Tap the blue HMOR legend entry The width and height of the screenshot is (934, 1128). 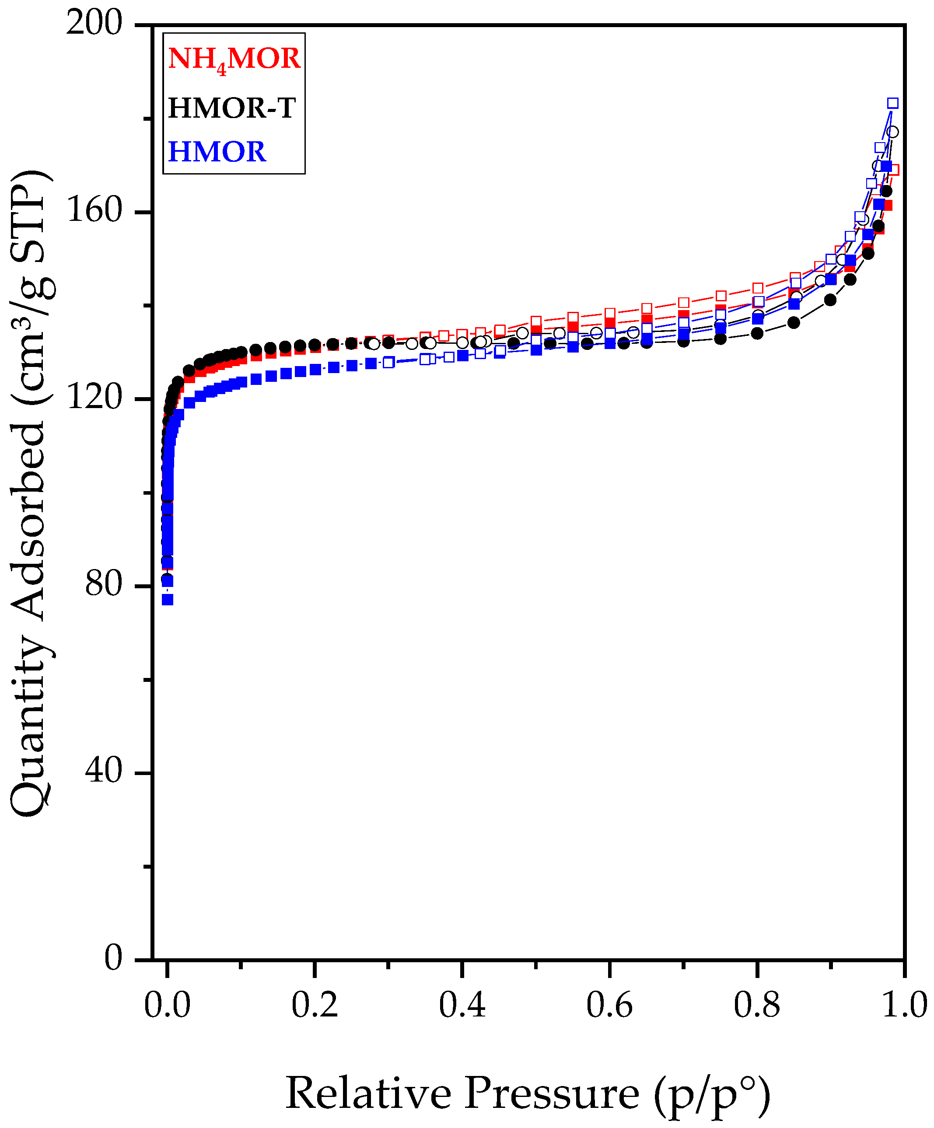point(217,152)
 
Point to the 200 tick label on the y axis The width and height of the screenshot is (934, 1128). point(94,24)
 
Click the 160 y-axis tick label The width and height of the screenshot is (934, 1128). point(94,211)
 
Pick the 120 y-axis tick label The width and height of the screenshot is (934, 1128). point(94,398)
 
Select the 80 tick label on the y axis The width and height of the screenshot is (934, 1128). point(103,585)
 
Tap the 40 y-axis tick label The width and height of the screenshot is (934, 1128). point(103,772)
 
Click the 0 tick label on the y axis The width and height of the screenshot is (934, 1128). point(113,958)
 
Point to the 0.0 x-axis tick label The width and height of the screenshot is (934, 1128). point(167,1006)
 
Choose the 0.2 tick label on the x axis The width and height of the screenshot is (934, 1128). point(315,1006)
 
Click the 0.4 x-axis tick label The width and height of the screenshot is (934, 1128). point(462,1006)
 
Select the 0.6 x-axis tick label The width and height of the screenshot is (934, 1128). point(609,1006)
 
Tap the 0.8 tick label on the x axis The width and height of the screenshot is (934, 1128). point(757,1006)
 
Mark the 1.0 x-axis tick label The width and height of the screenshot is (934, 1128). point(904,1006)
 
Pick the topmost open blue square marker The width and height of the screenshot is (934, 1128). point(892,103)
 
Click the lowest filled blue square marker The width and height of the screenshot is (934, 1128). point(168,600)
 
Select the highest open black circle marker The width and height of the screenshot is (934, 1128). point(892,132)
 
